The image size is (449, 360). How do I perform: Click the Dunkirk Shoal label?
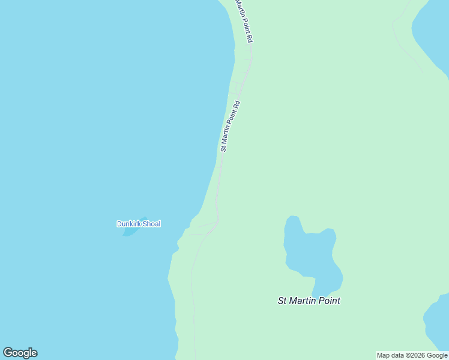[x=139, y=224]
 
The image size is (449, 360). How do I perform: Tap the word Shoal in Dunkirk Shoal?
[x=151, y=224]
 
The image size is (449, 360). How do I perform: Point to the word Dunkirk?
[x=128, y=224]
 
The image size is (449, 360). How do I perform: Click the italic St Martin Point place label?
[x=309, y=301]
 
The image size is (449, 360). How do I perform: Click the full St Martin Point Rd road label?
[x=231, y=126]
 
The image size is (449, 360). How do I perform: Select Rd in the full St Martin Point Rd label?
[x=237, y=104]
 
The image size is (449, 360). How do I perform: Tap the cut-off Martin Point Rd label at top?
[x=244, y=21]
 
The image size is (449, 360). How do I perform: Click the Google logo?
[x=20, y=353]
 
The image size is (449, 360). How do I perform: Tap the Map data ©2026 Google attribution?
[x=412, y=355]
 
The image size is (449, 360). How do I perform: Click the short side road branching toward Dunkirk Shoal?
[x=203, y=227]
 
